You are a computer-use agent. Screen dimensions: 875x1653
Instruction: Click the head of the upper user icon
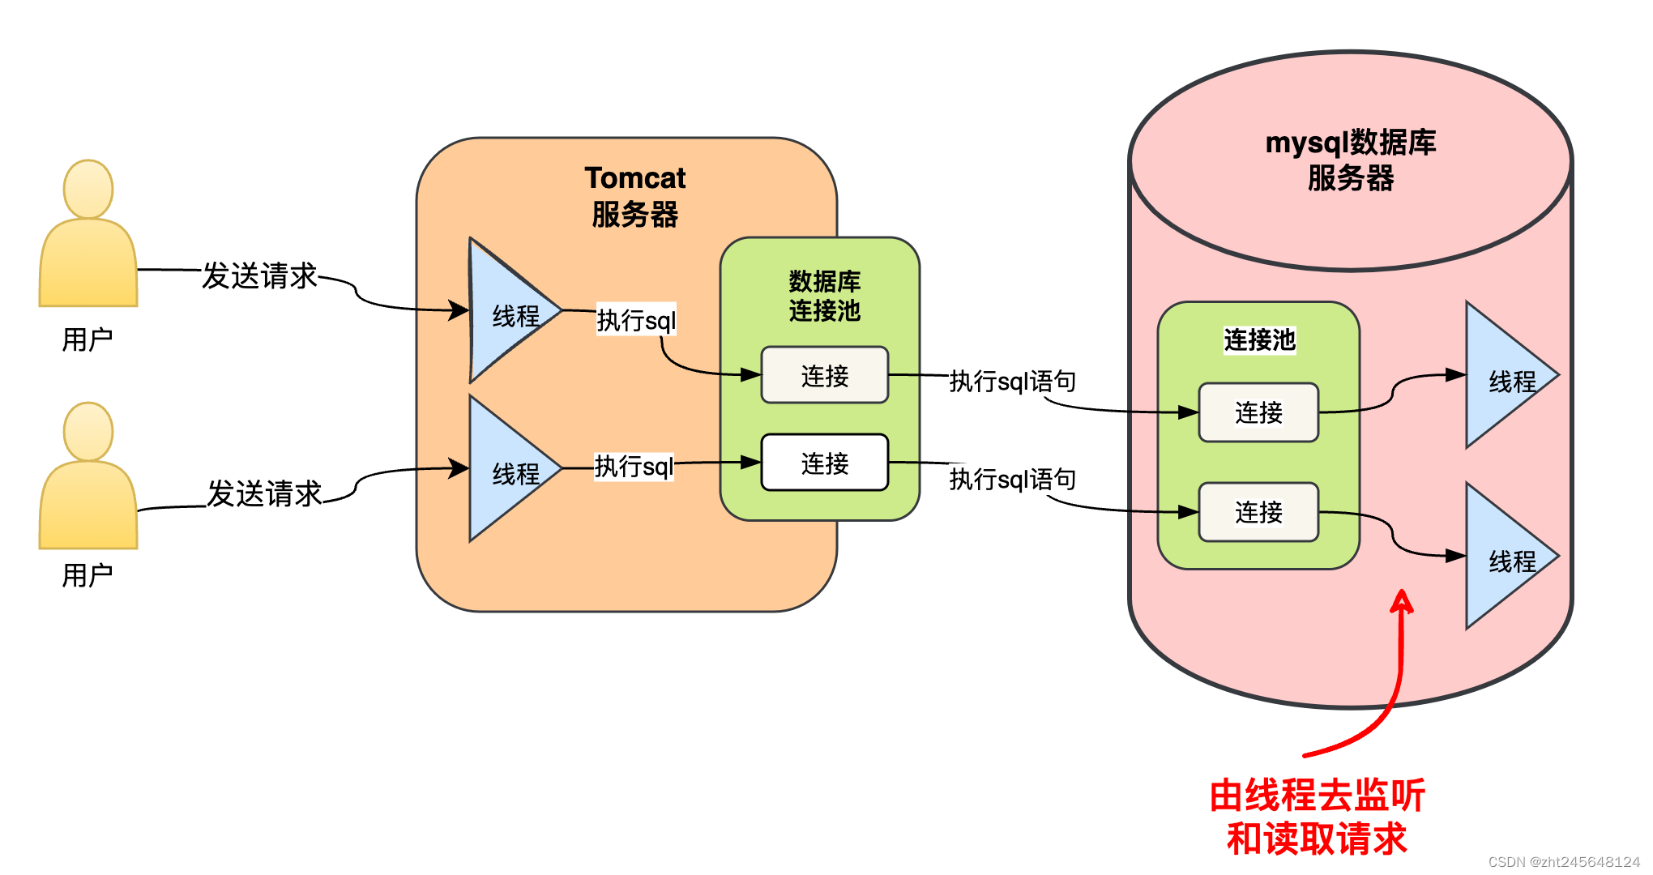[88, 189]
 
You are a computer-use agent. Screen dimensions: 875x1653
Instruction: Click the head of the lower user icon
[88, 431]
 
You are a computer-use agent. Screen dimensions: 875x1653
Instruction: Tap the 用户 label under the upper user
[88, 339]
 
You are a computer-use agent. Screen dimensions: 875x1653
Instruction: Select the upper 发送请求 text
[260, 275]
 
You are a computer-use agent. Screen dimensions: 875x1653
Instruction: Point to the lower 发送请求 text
[264, 493]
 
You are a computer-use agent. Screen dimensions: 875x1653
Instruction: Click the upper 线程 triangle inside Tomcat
[510, 312]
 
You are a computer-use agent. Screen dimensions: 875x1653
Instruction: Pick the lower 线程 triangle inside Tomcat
[510, 470]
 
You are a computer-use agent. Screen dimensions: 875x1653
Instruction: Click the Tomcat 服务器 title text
[634, 196]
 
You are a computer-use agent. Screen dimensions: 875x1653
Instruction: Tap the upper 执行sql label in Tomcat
[636, 320]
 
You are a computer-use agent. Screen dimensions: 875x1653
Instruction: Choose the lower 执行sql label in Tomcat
[634, 466]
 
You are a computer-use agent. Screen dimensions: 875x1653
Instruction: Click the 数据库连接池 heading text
[824, 296]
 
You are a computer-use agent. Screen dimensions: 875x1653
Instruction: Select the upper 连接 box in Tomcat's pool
[824, 375]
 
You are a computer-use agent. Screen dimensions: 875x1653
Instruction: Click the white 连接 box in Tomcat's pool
[824, 463]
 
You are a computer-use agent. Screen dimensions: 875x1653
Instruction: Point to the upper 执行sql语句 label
[1012, 381]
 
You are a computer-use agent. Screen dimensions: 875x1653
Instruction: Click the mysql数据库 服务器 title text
[1350, 160]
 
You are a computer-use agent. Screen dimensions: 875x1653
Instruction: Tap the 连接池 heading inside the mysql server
[1259, 339]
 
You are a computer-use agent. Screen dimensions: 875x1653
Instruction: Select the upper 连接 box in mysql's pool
[1258, 412]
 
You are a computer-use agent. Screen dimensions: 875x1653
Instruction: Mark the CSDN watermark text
[1563, 862]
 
